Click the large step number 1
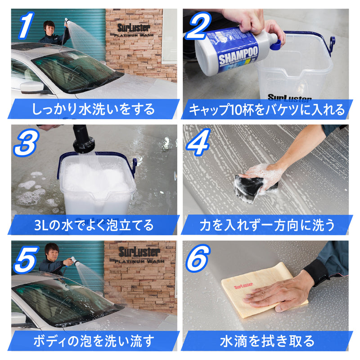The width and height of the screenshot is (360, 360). click(x=26, y=26)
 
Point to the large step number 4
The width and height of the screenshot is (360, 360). click(x=202, y=143)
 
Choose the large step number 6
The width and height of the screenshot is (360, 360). click(x=202, y=260)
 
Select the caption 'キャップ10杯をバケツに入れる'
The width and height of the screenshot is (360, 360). click(x=266, y=109)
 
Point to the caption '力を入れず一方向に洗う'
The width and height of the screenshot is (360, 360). click(x=266, y=225)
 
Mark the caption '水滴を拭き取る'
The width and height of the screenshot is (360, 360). click(x=266, y=341)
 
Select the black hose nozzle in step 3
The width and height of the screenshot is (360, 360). click(x=83, y=137)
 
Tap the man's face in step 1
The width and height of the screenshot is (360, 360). click(x=49, y=26)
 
